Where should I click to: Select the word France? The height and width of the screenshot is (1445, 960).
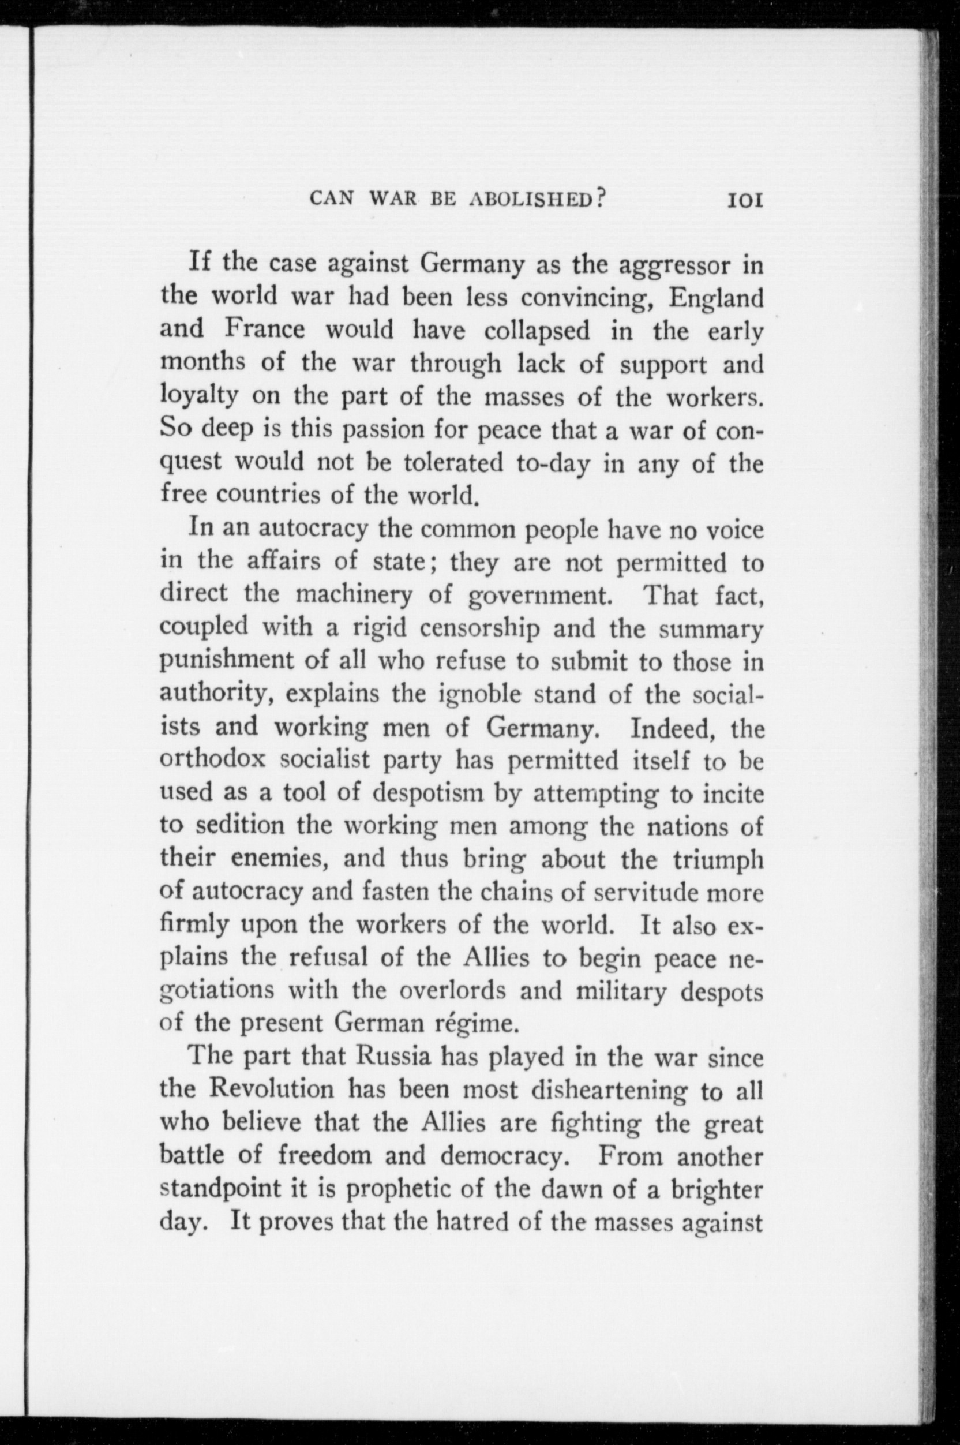[264, 331]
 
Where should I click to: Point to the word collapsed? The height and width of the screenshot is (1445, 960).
[537, 331]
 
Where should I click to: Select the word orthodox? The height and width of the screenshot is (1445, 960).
[212, 761]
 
